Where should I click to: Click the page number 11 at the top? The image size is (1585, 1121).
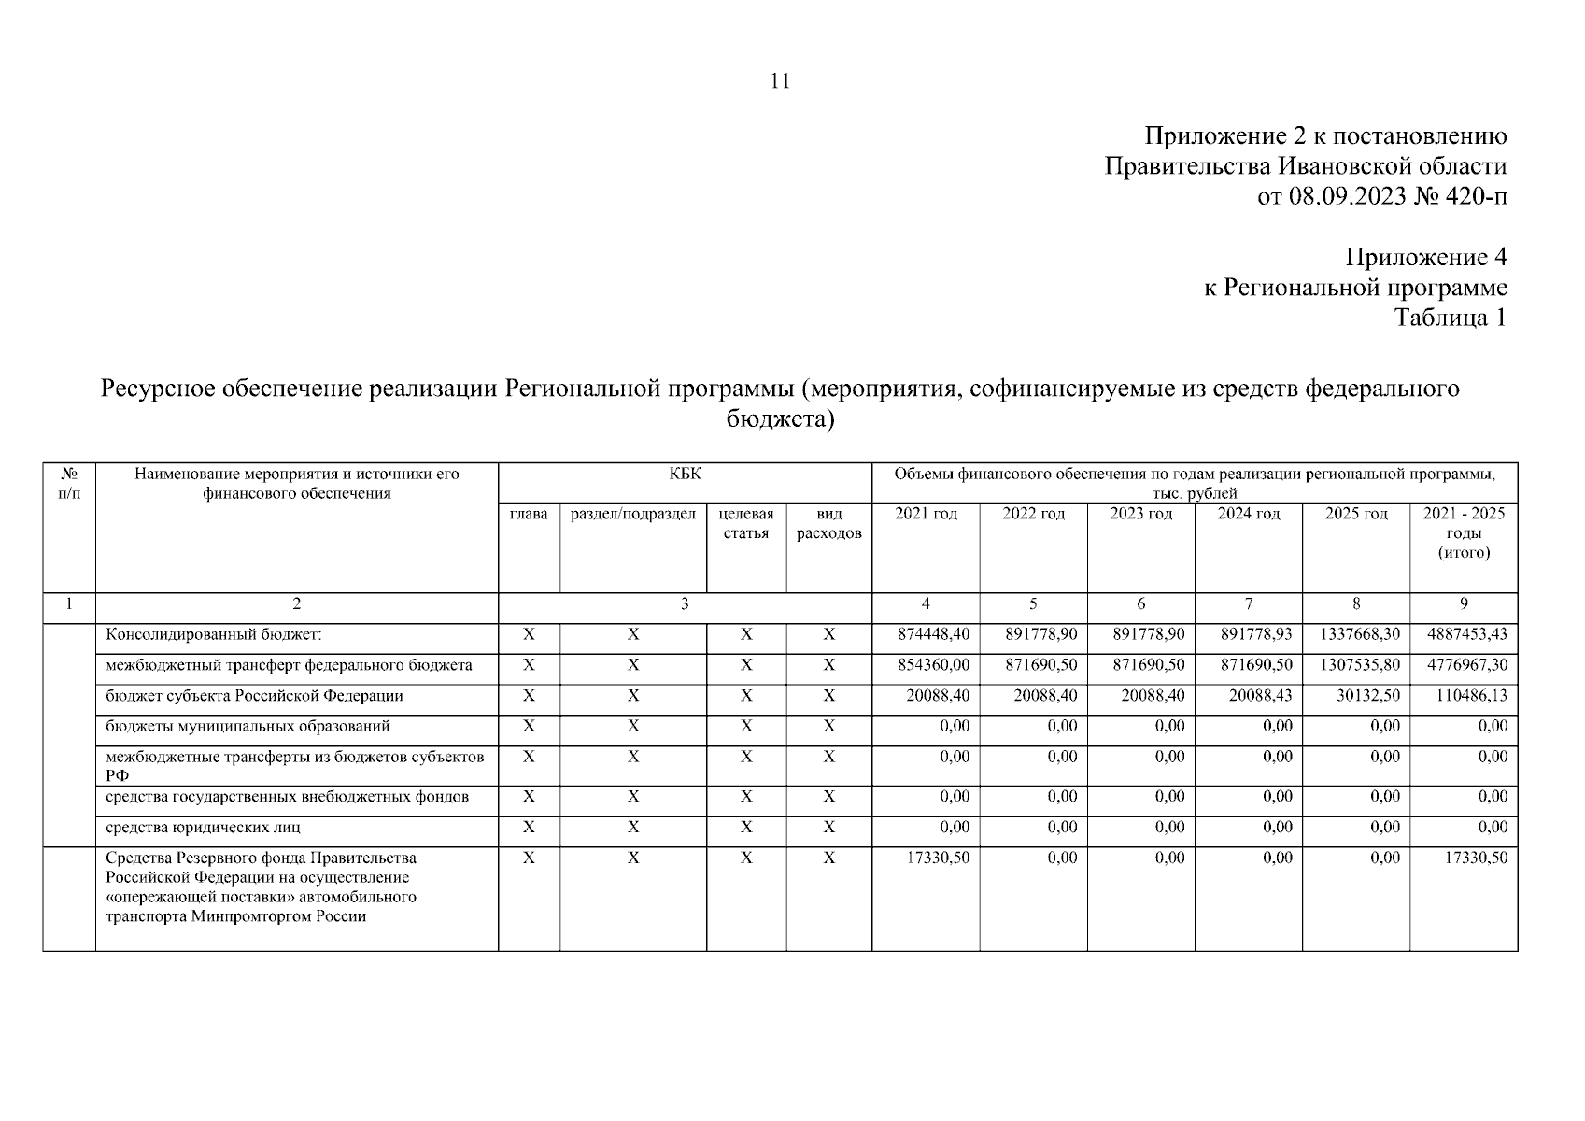[781, 81]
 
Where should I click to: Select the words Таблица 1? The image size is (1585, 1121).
[1450, 318]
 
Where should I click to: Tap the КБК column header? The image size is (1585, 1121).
[685, 475]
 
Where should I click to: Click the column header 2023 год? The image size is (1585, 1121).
[1140, 514]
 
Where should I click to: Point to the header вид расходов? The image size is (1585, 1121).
[828, 523]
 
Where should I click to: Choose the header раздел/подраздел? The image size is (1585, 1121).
[632, 514]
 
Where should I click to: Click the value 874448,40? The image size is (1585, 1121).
[933, 634]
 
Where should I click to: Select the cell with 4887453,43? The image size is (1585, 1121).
[1466, 634]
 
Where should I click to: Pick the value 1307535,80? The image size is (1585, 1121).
[1359, 665]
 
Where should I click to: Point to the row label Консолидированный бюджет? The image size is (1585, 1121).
[214, 635]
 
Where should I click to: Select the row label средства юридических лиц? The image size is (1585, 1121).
[203, 828]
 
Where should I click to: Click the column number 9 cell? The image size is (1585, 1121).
[1463, 604]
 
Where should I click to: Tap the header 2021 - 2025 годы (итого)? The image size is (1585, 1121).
[1463, 532]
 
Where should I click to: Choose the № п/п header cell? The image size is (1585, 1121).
[69, 483]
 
